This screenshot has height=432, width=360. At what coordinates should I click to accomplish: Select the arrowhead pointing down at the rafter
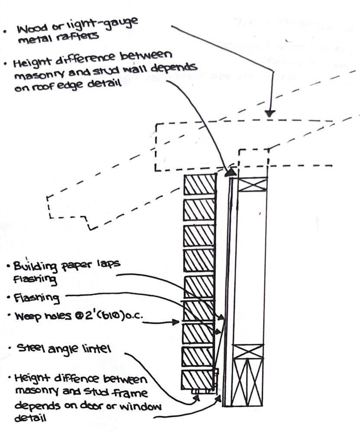pos(270,113)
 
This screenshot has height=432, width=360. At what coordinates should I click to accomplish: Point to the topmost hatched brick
pos(200,185)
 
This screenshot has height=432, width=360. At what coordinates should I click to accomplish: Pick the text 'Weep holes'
pos(38,318)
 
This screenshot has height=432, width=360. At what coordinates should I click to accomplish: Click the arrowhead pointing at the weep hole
pos(176,322)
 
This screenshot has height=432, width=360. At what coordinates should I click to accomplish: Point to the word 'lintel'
pos(95,349)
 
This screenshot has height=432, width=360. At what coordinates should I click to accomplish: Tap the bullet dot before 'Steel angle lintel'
pos(9,348)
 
